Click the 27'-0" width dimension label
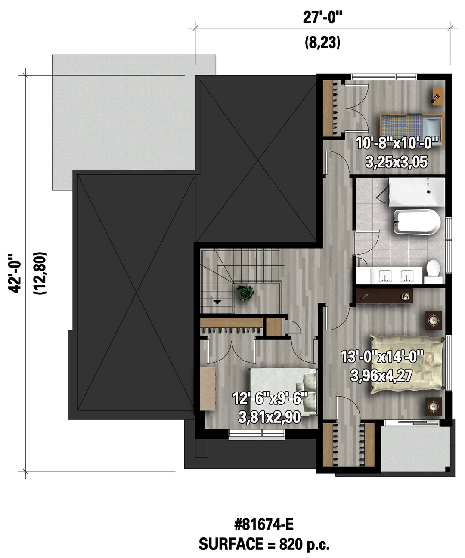pyautogui.click(x=322, y=18)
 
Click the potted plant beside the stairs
pyautogui.click(x=245, y=293)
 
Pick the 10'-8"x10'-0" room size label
pyautogui.click(x=397, y=143)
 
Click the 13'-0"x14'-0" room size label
pyautogui.click(x=382, y=357)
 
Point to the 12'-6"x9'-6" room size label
pyautogui.click(x=270, y=398)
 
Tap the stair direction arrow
pyautogui.click(x=217, y=302)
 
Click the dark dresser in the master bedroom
pyautogui.click(x=384, y=296)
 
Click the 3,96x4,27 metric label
pyautogui.click(x=381, y=376)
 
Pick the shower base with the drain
pyautogui.click(x=416, y=191)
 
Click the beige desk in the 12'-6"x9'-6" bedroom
pyautogui.click(x=208, y=388)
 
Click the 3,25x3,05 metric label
pyautogui.click(x=397, y=162)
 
